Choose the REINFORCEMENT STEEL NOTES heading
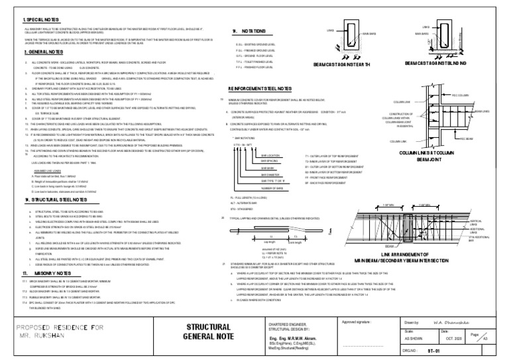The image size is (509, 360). pos(264,88)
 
